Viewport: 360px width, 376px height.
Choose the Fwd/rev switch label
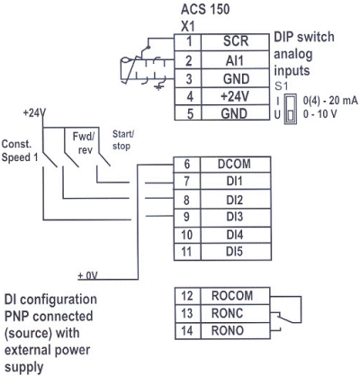(84, 139)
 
